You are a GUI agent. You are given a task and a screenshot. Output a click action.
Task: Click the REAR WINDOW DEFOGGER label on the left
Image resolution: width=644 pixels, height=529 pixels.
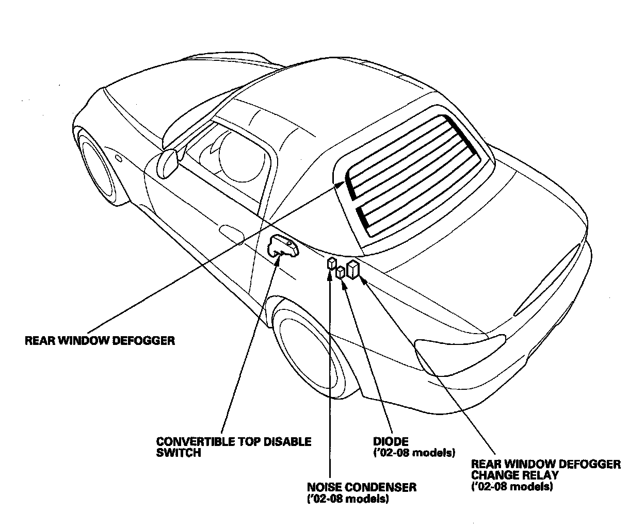coord(100,341)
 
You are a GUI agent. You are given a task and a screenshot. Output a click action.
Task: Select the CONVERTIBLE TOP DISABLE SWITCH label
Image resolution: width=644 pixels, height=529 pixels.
coord(233,447)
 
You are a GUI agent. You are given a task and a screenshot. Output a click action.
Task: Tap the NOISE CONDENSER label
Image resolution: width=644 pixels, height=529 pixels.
coord(361,487)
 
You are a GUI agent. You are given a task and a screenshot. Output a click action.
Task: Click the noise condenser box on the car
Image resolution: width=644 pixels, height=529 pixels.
coord(331,263)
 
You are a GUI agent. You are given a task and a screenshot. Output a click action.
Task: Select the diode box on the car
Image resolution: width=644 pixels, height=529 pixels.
coord(341,273)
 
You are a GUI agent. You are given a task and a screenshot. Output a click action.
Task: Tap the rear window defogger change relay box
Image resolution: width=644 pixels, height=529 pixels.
coord(353,269)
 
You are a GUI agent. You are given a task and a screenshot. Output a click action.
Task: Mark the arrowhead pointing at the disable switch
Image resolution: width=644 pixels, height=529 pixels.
coord(279,256)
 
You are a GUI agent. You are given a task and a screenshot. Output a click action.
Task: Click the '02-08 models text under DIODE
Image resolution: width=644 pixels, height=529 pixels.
coord(413,453)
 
